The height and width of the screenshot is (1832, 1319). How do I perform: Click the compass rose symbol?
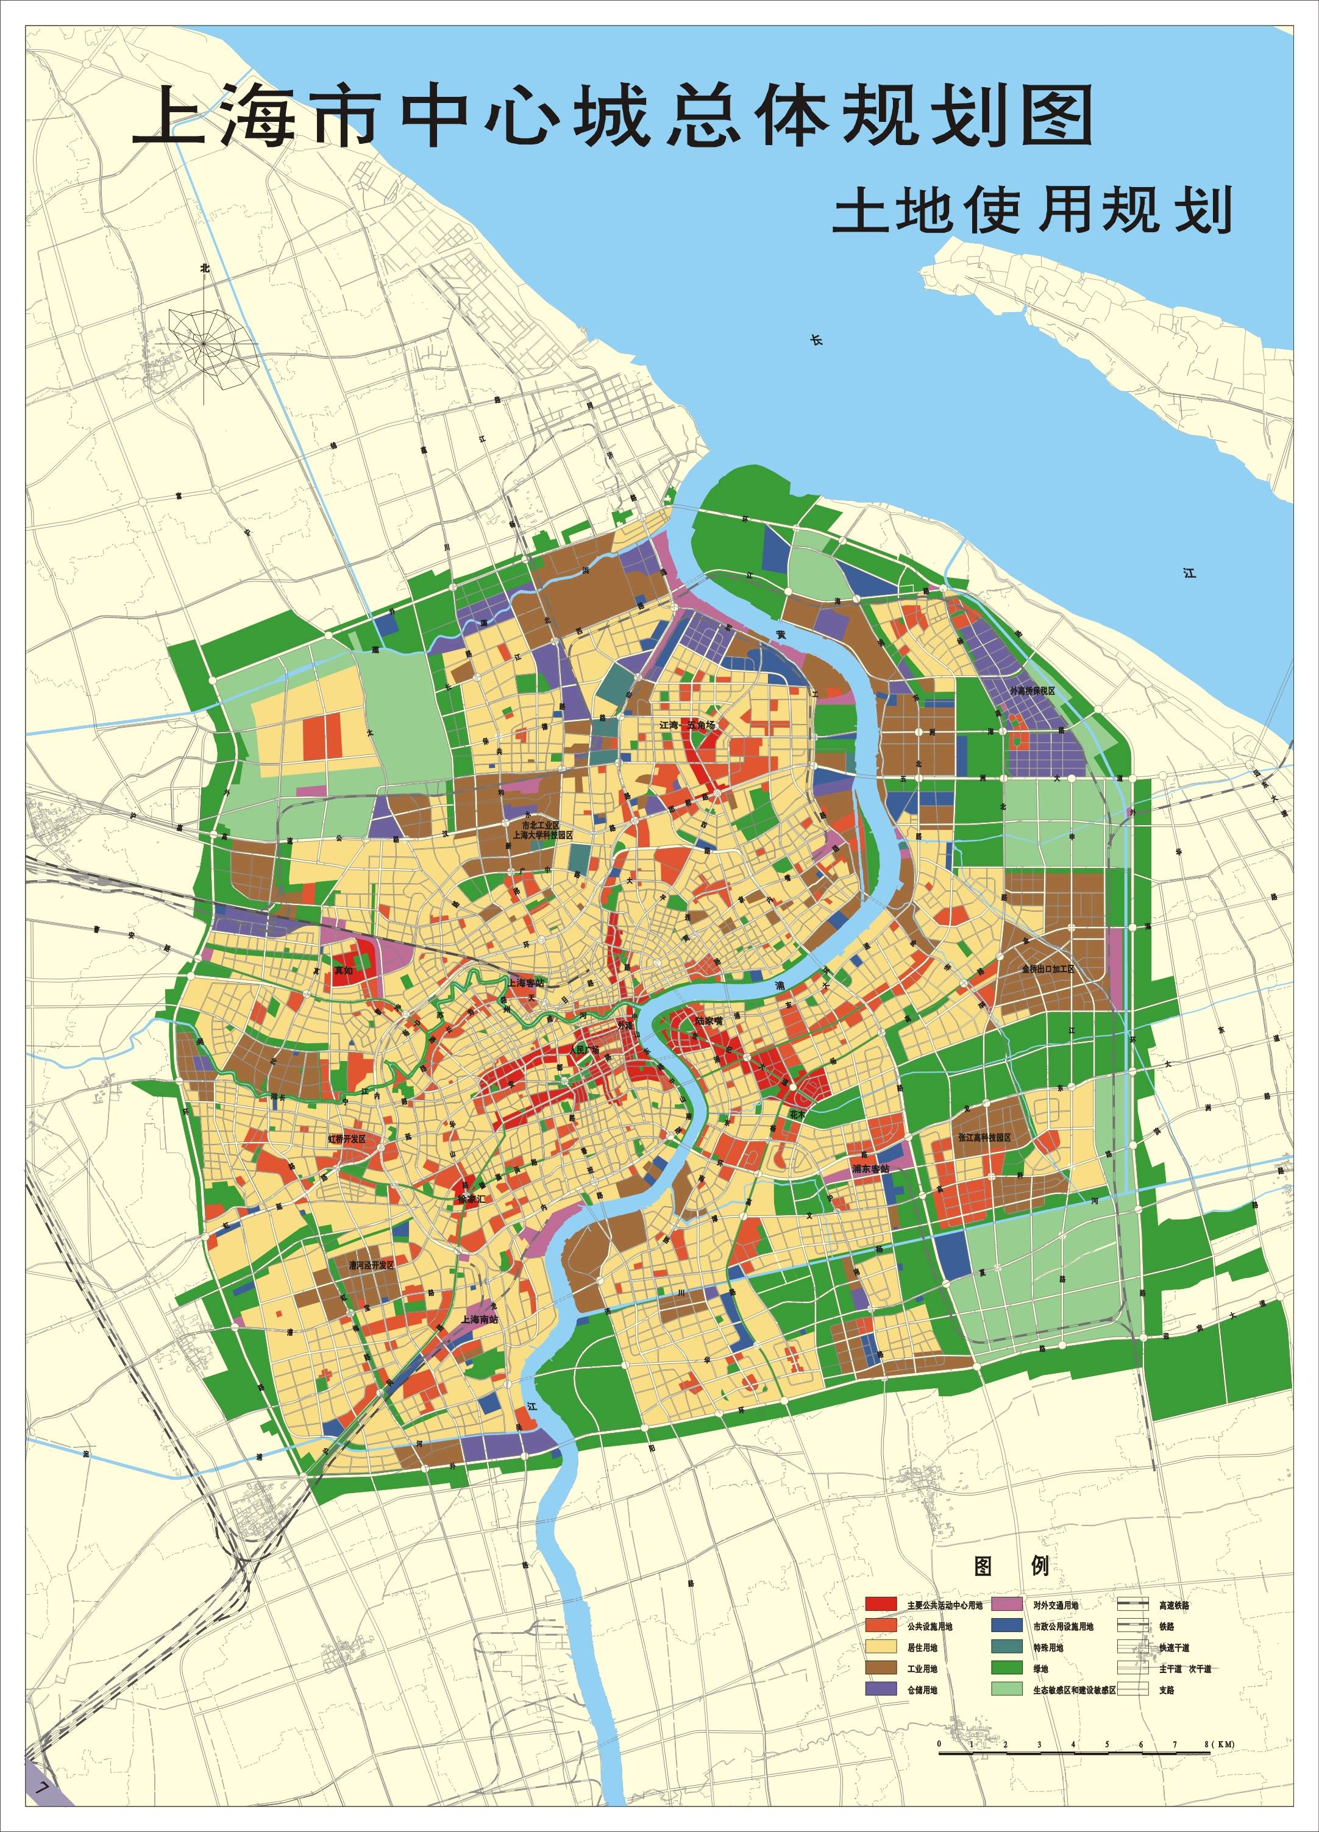(x=204, y=343)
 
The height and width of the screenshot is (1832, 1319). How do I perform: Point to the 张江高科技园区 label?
(x=984, y=1137)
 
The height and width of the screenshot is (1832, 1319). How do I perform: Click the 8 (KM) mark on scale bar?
(x=1218, y=1694)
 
